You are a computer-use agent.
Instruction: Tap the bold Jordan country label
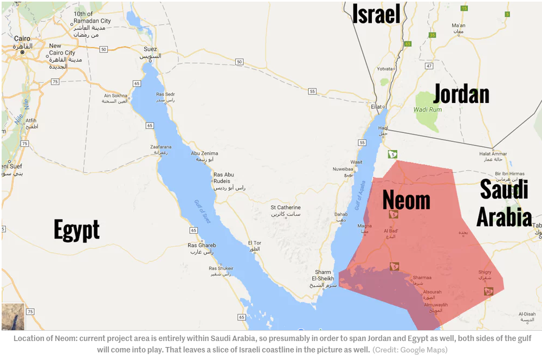[x=461, y=94]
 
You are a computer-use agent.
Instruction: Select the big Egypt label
[x=76, y=229]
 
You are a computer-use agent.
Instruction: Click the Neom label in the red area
[x=406, y=200]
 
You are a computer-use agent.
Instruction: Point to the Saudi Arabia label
[x=504, y=204]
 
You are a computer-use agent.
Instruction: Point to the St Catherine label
[x=286, y=207]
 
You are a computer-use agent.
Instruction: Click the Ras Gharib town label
[x=202, y=246]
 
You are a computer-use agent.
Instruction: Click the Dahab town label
[x=341, y=214]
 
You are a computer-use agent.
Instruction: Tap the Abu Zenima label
[x=204, y=153]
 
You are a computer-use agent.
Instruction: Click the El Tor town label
[x=254, y=243]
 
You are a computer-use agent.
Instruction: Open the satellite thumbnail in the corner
[x=12, y=317]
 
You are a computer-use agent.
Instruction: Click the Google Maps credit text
[x=410, y=350]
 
